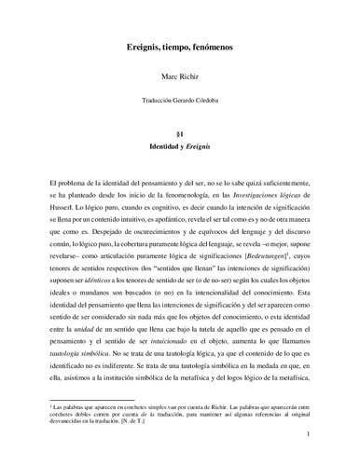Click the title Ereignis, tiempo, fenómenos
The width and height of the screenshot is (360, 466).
click(x=179, y=45)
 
